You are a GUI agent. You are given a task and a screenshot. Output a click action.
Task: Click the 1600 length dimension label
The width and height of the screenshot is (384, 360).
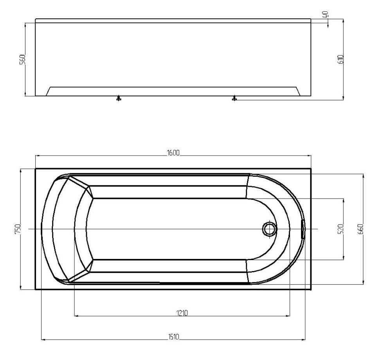pos(173,153)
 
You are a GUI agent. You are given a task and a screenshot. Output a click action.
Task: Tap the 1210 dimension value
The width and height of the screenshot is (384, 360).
pos(182,313)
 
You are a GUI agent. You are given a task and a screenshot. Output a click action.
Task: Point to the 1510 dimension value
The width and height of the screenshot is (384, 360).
pos(174,337)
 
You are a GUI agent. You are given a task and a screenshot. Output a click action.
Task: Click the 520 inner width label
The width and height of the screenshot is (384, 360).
pos(341,229)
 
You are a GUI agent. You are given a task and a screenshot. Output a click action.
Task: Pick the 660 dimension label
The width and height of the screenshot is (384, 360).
pos(360,229)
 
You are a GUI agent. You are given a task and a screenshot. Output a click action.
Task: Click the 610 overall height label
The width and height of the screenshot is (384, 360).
pos(341,59)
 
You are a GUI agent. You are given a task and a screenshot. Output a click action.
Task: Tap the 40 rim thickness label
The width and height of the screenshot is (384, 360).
pos(326,14)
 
